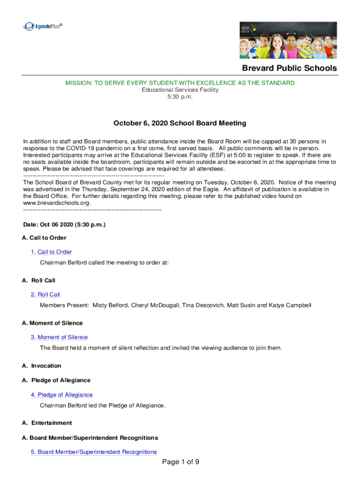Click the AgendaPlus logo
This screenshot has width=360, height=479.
click(x=42, y=26)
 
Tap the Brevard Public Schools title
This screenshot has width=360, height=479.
click(x=289, y=68)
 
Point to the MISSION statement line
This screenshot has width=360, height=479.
click(x=180, y=83)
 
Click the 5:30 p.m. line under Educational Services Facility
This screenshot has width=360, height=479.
click(x=180, y=96)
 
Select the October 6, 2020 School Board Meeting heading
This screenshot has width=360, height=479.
click(x=180, y=123)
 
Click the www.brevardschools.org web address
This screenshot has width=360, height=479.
click(x=57, y=203)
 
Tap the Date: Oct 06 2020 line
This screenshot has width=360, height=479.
click(x=64, y=225)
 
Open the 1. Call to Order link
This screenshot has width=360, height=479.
click(x=51, y=252)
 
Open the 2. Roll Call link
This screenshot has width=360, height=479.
click(x=45, y=295)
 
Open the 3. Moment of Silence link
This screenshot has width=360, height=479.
click(x=59, y=337)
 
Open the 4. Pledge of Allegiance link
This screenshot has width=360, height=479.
click(x=62, y=395)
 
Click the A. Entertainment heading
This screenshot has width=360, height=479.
click(x=47, y=423)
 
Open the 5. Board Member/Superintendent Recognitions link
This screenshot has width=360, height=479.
click(x=94, y=452)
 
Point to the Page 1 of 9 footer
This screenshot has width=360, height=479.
click(x=180, y=462)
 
